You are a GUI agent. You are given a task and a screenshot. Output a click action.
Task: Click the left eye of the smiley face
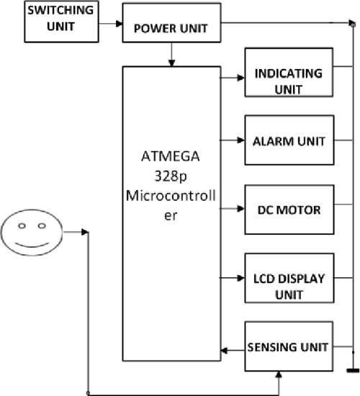tap(22, 225)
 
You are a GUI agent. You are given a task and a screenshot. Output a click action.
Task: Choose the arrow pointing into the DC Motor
tap(233, 210)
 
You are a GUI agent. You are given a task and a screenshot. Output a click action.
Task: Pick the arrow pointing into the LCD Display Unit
tap(233, 278)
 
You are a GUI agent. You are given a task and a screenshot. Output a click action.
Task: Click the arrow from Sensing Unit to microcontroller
tap(233, 351)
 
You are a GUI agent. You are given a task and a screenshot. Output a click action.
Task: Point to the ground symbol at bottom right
tap(353, 372)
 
